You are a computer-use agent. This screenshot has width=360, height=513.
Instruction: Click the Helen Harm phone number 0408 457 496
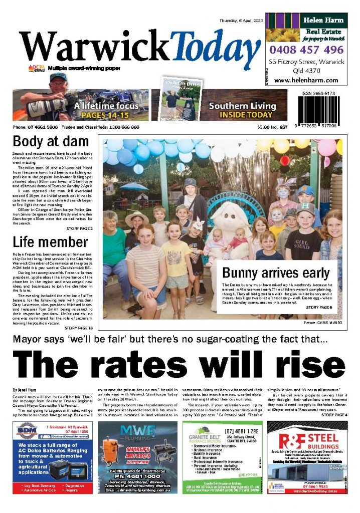pyautogui.click(x=306, y=50)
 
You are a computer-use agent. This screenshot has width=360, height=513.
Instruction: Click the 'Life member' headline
pyautogui.click(x=50, y=242)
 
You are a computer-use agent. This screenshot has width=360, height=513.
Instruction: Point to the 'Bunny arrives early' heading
pyautogui.click(x=276, y=273)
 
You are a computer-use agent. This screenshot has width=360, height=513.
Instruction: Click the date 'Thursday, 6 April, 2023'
pyautogui.click(x=240, y=21)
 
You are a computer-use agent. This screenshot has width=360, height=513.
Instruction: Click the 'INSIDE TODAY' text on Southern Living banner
pyautogui.click(x=242, y=115)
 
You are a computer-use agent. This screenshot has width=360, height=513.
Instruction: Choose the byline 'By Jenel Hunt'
pyautogui.click(x=25, y=390)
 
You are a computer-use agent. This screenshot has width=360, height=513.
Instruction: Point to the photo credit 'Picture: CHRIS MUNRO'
pyautogui.click(x=323, y=323)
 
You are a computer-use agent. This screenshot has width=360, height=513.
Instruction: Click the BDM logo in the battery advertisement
pyautogui.click(x=30, y=432)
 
